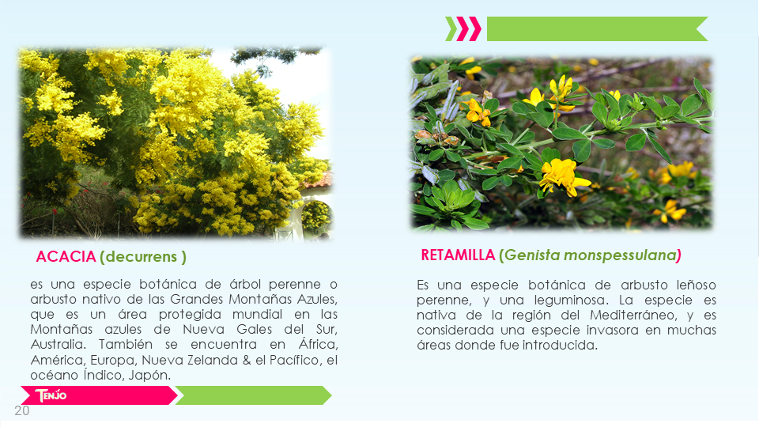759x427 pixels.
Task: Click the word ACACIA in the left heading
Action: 66,256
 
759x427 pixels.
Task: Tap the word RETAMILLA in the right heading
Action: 458,255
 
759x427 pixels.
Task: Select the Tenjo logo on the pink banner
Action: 51,395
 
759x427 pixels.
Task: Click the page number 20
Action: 22,411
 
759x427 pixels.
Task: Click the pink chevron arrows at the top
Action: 469,28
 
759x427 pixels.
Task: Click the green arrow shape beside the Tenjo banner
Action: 253,395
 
